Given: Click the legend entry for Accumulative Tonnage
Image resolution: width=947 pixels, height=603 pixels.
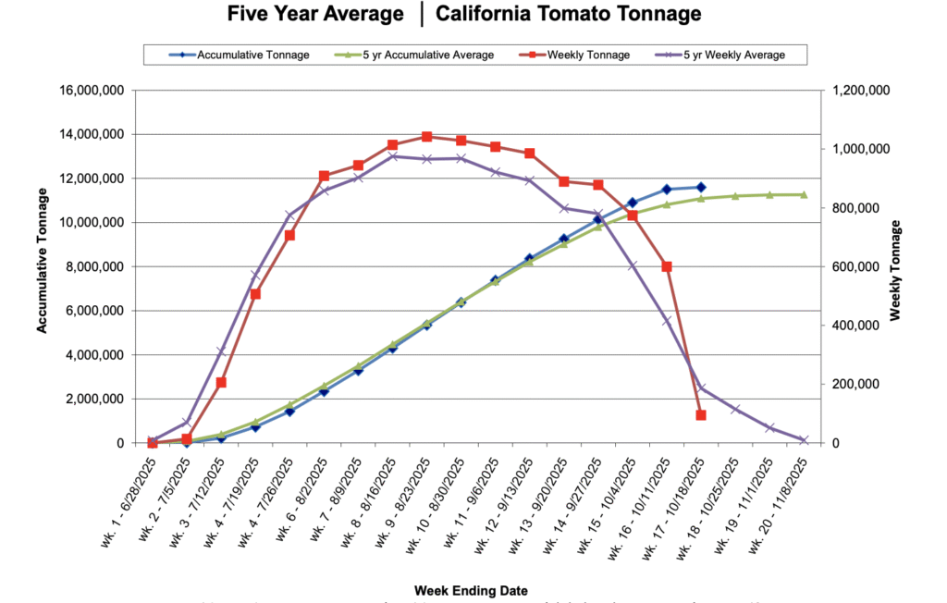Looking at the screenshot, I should [x=242, y=55].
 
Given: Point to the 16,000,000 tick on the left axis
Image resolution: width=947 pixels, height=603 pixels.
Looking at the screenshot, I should [x=96, y=90].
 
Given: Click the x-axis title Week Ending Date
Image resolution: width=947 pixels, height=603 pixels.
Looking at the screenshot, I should [x=472, y=590].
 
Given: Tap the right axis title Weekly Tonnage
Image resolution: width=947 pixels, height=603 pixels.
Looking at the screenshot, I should [x=894, y=270].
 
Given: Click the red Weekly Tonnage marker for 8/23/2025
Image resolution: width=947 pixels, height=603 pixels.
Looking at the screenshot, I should [x=426, y=137].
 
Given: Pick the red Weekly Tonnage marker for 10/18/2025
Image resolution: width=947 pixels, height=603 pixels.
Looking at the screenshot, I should [x=701, y=415].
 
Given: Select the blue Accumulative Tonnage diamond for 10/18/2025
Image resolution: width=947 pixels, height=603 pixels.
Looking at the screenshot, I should [x=701, y=187].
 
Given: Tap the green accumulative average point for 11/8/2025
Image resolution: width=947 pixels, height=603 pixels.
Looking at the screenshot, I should [x=804, y=194].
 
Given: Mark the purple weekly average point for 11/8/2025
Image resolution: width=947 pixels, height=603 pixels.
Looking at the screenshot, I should [x=804, y=440].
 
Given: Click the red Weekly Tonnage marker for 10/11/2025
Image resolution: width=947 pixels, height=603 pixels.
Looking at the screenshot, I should [x=667, y=266].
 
